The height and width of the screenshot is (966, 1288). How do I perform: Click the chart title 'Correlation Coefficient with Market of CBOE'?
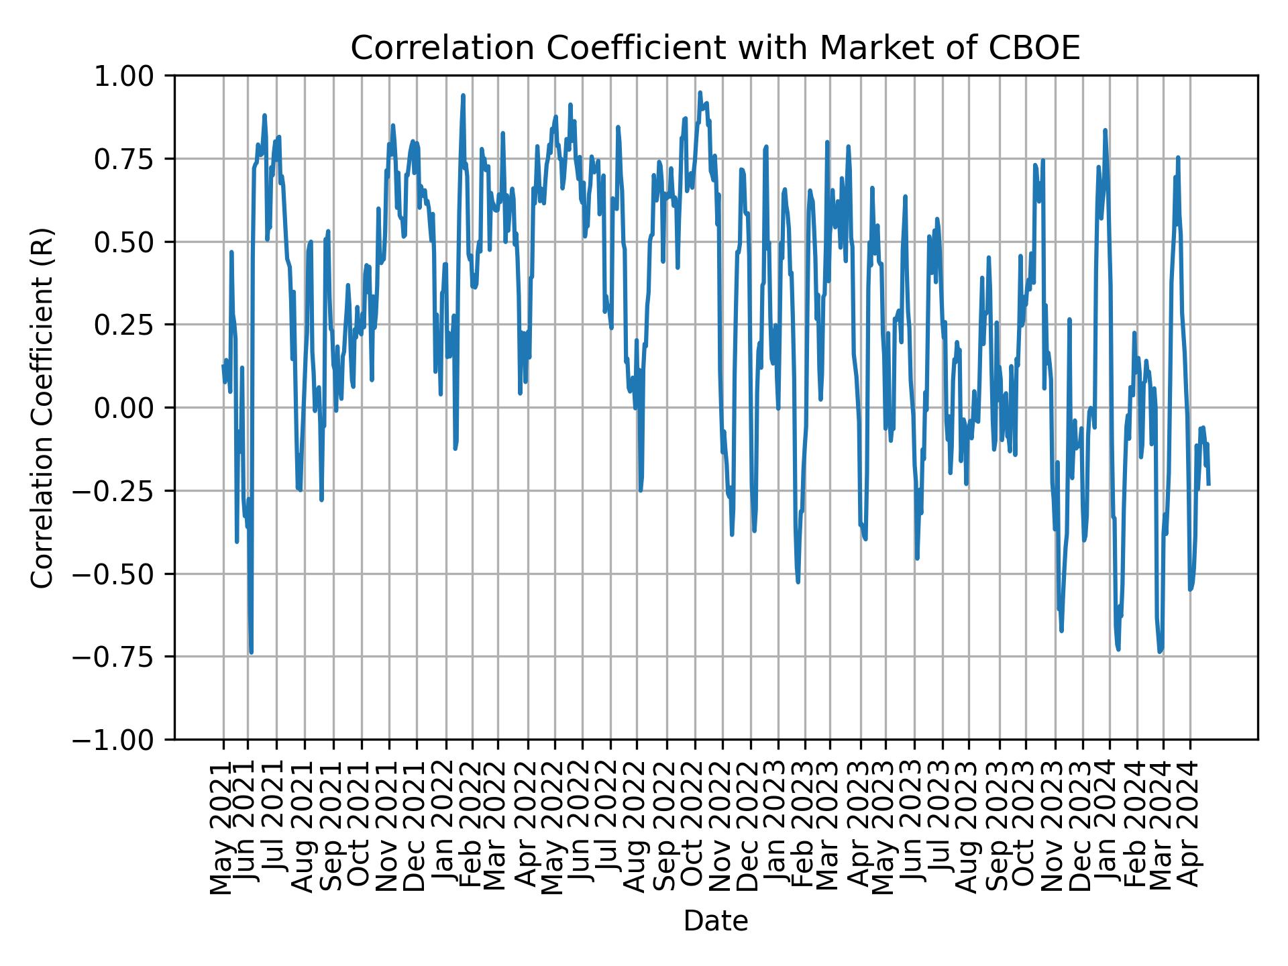[x=715, y=48]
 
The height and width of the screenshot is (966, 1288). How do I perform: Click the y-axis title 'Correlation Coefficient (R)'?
[x=42, y=407]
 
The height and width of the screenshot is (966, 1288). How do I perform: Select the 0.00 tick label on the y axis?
[x=132, y=408]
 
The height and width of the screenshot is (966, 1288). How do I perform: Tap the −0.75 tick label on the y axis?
[x=121, y=657]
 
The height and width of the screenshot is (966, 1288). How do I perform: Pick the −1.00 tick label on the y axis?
[x=121, y=740]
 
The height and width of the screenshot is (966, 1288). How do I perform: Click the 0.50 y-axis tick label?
[x=132, y=242]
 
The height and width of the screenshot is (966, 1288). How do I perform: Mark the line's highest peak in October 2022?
[x=700, y=93]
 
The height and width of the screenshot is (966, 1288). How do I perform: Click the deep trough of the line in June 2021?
[x=251, y=651]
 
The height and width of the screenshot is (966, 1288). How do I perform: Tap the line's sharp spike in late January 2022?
[x=463, y=95]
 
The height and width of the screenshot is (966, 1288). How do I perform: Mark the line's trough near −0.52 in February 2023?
[x=798, y=582]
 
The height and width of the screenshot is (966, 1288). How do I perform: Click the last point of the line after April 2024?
[x=1208, y=484]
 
